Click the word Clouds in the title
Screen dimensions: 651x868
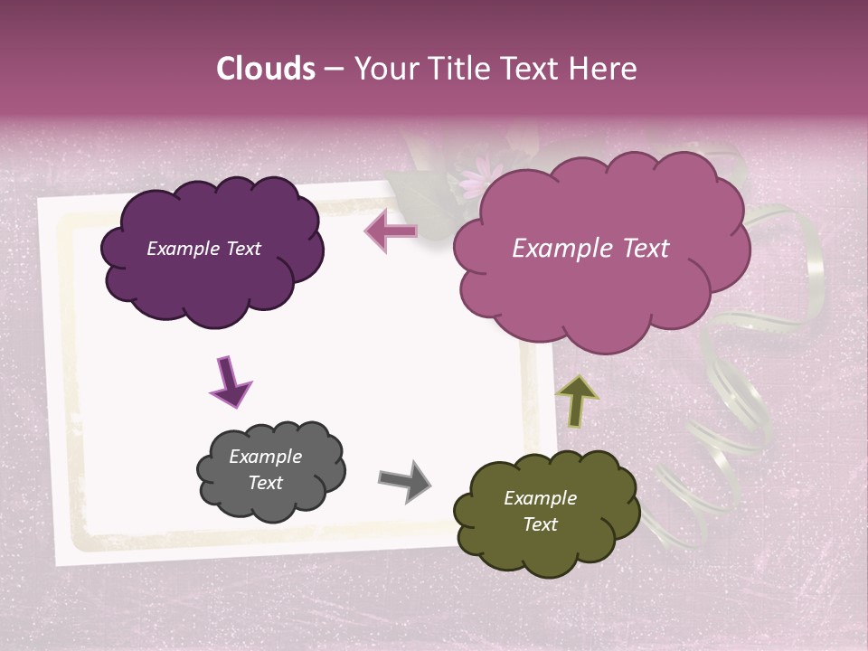pos(266,69)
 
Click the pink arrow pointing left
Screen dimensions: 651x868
pos(391,231)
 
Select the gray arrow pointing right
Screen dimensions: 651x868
pos(404,481)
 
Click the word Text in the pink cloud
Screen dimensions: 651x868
pos(638,249)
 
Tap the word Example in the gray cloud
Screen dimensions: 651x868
pos(265,457)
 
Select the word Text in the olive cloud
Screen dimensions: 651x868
pos(541,524)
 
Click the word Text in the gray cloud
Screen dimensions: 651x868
pos(265,483)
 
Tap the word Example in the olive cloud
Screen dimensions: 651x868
pos(540,498)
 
